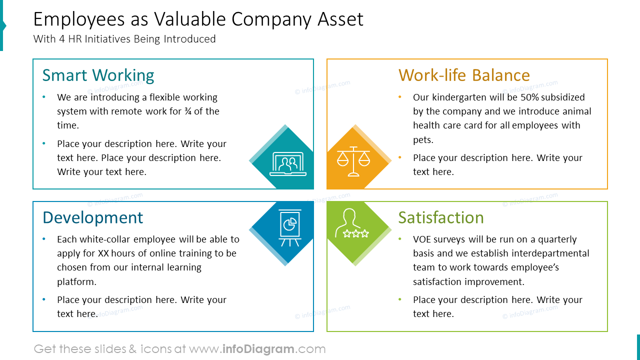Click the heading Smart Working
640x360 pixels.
[x=98, y=75]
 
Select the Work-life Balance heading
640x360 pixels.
[x=464, y=75]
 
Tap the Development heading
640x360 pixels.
[x=92, y=218]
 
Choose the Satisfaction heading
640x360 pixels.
[x=440, y=218]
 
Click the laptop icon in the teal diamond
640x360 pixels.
[x=287, y=164]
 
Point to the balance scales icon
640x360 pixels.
[x=353, y=160]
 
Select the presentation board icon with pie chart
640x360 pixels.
[x=289, y=227]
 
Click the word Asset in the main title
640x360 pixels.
[x=340, y=19]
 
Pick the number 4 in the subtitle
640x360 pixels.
[x=62, y=39]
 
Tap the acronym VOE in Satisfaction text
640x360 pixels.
[x=423, y=239]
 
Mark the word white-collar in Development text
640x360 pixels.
[x=103, y=239]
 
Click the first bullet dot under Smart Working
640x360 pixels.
[x=44, y=97]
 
